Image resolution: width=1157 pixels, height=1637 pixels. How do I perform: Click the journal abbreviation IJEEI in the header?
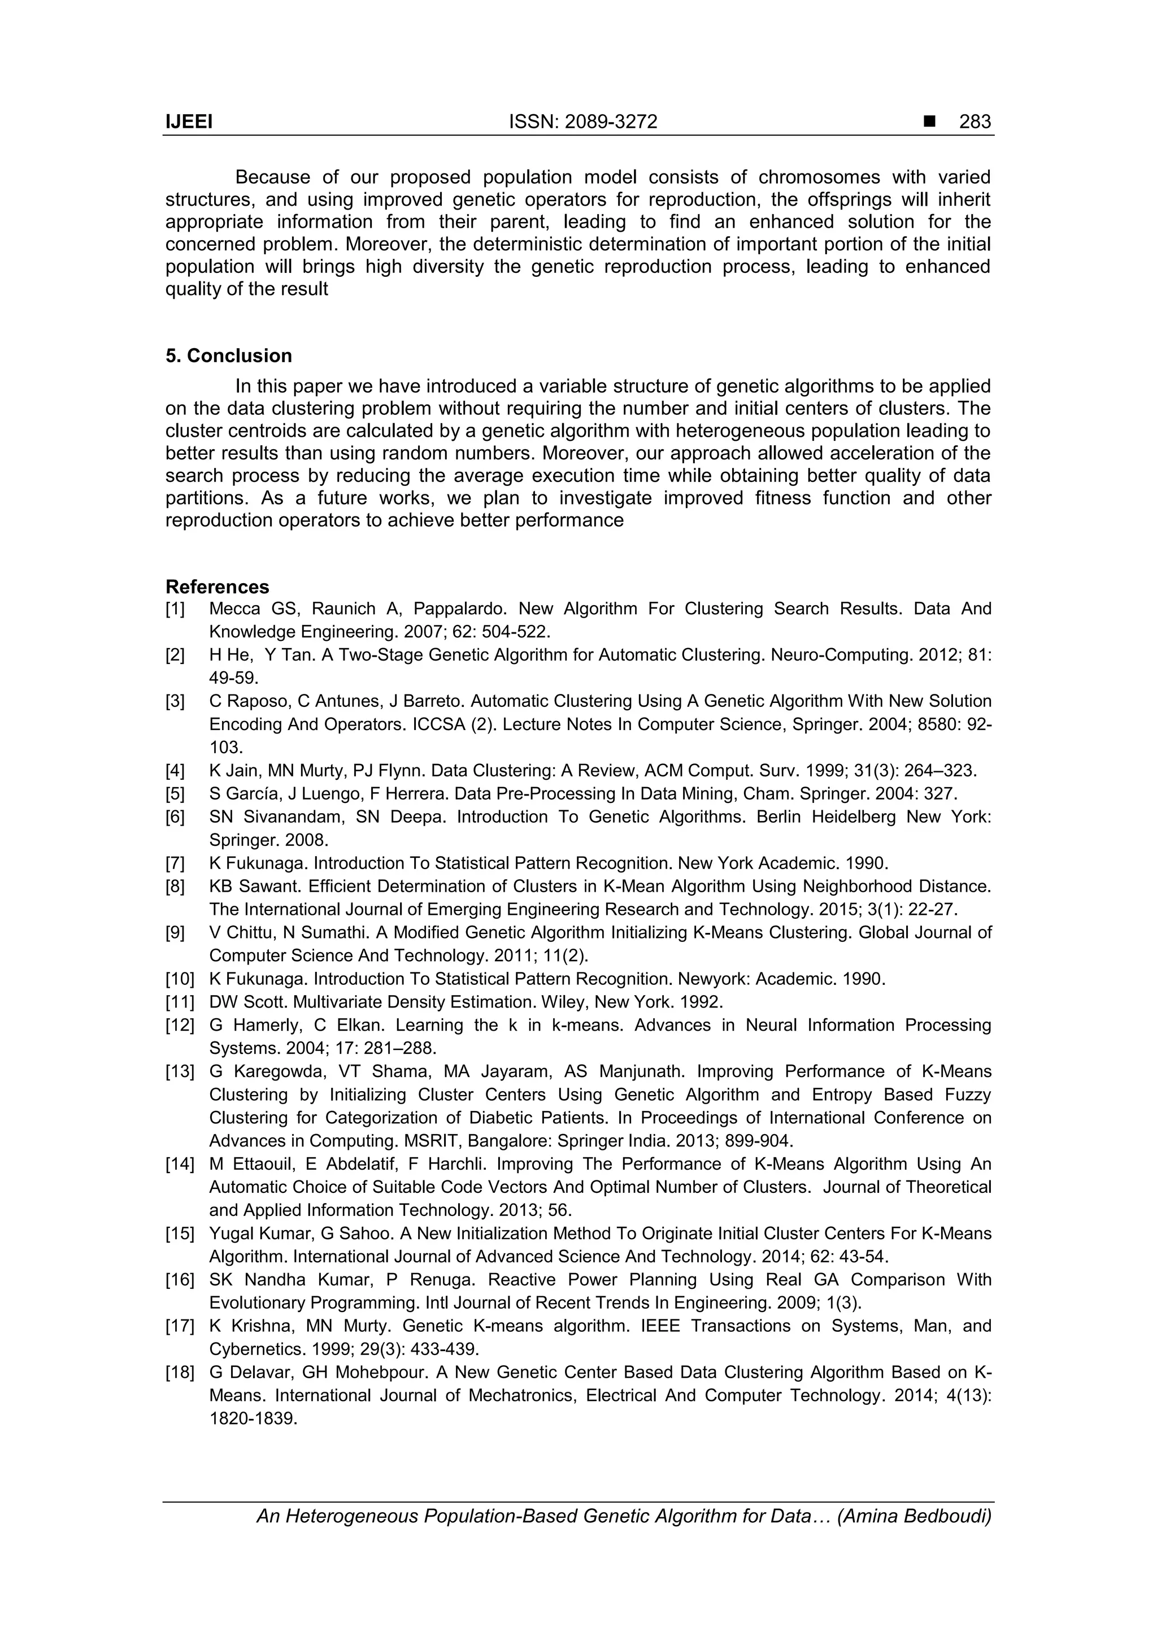[x=189, y=122]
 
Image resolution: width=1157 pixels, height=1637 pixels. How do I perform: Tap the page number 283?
[x=975, y=122]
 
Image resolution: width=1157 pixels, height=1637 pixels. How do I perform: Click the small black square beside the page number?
[x=929, y=122]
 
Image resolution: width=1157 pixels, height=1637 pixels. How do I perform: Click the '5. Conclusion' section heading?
[x=229, y=356]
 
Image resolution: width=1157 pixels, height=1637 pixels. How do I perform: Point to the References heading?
[x=218, y=587]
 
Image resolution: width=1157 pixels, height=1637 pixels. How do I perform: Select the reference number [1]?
[x=175, y=609]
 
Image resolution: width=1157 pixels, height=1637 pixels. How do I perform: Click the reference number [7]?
[x=175, y=863]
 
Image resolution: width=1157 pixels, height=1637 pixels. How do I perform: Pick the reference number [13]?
[x=180, y=1071]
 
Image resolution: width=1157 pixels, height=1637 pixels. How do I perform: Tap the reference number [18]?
[x=180, y=1373]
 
